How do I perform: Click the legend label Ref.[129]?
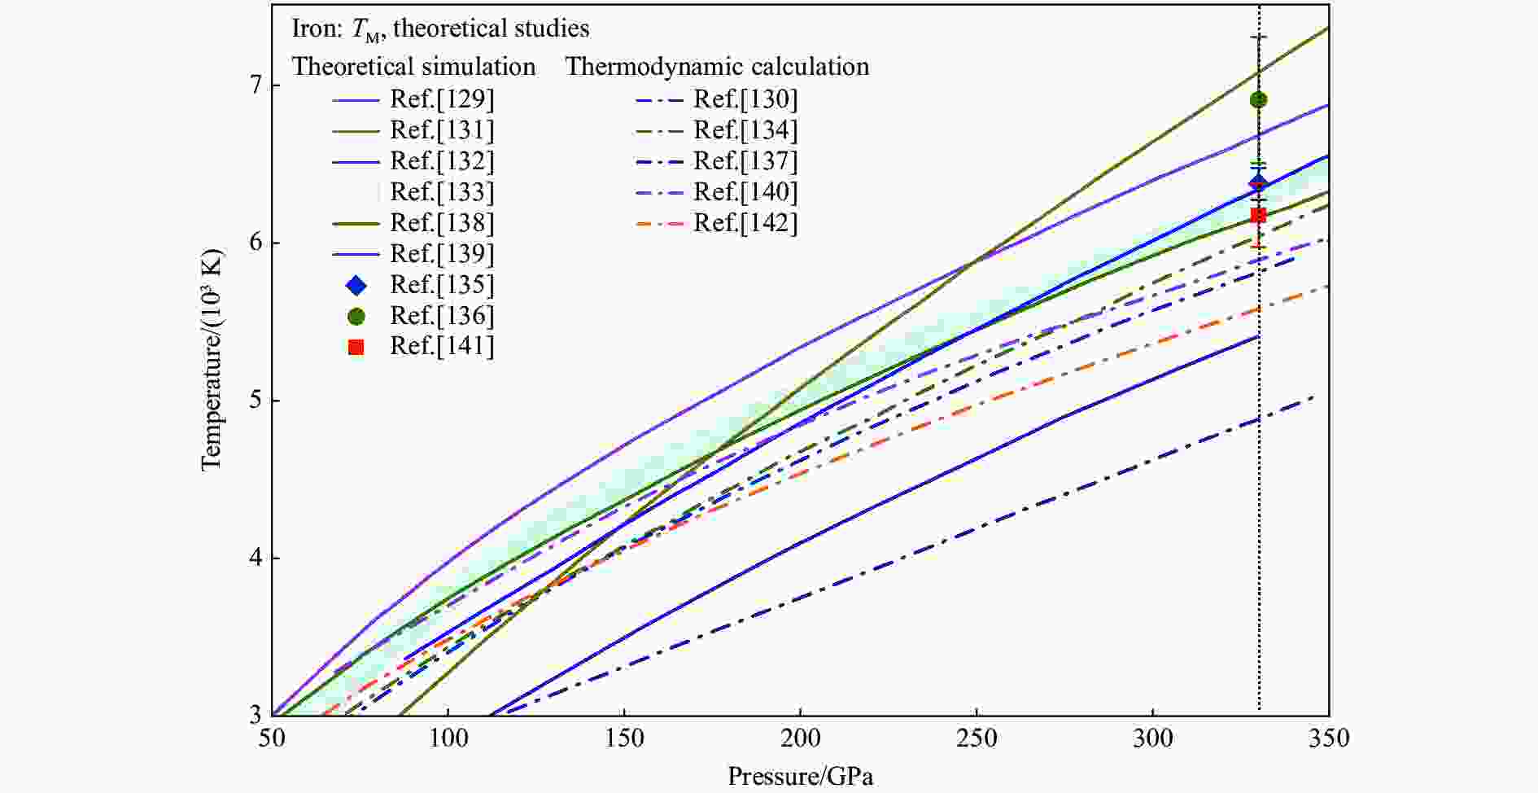442,99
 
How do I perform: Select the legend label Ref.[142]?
745,223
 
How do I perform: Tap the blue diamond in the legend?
356,285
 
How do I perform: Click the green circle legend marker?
356,316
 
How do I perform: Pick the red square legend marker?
356,347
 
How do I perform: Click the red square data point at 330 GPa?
1258,215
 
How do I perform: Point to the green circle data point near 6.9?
1258,100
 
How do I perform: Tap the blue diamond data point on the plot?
1258,182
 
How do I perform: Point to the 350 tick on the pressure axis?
1328,739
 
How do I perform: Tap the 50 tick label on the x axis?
273,739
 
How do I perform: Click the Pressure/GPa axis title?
800,776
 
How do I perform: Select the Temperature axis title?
211,358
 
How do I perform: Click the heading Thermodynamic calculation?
717,67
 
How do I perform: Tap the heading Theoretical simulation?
413,67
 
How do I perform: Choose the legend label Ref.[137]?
745,161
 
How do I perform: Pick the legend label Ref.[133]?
442,192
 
